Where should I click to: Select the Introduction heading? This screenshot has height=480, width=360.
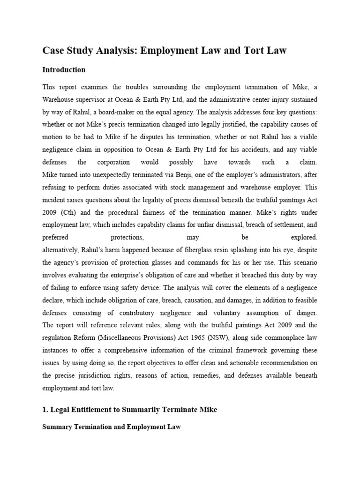[64, 70]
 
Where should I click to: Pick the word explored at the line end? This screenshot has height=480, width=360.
[304, 237]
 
